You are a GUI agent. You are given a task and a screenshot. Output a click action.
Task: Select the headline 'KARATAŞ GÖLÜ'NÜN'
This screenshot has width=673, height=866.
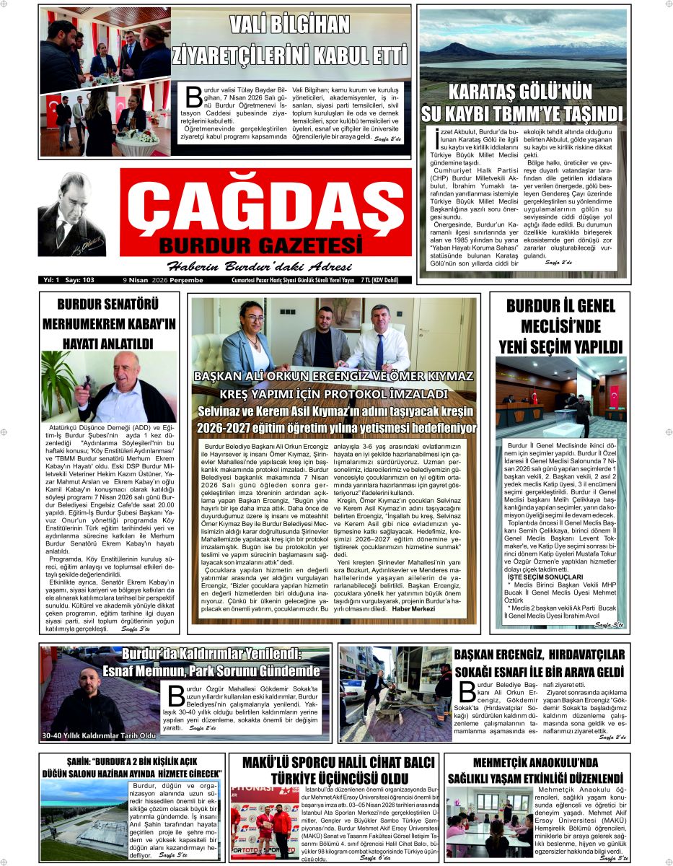pyautogui.click(x=520, y=92)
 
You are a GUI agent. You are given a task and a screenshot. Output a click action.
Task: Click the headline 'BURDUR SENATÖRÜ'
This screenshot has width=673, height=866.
pyautogui.click(x=108, y=304)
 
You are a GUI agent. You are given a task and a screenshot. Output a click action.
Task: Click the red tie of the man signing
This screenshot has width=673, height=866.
pyautogui.click(x=379, y=353)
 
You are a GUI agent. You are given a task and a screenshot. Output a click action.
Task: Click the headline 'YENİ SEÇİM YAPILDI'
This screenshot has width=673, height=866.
pyautogui.click(x=560, y=346)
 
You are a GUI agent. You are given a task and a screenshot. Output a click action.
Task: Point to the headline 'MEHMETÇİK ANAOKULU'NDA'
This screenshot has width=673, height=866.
pyautogui.click(x=535, y=762)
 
